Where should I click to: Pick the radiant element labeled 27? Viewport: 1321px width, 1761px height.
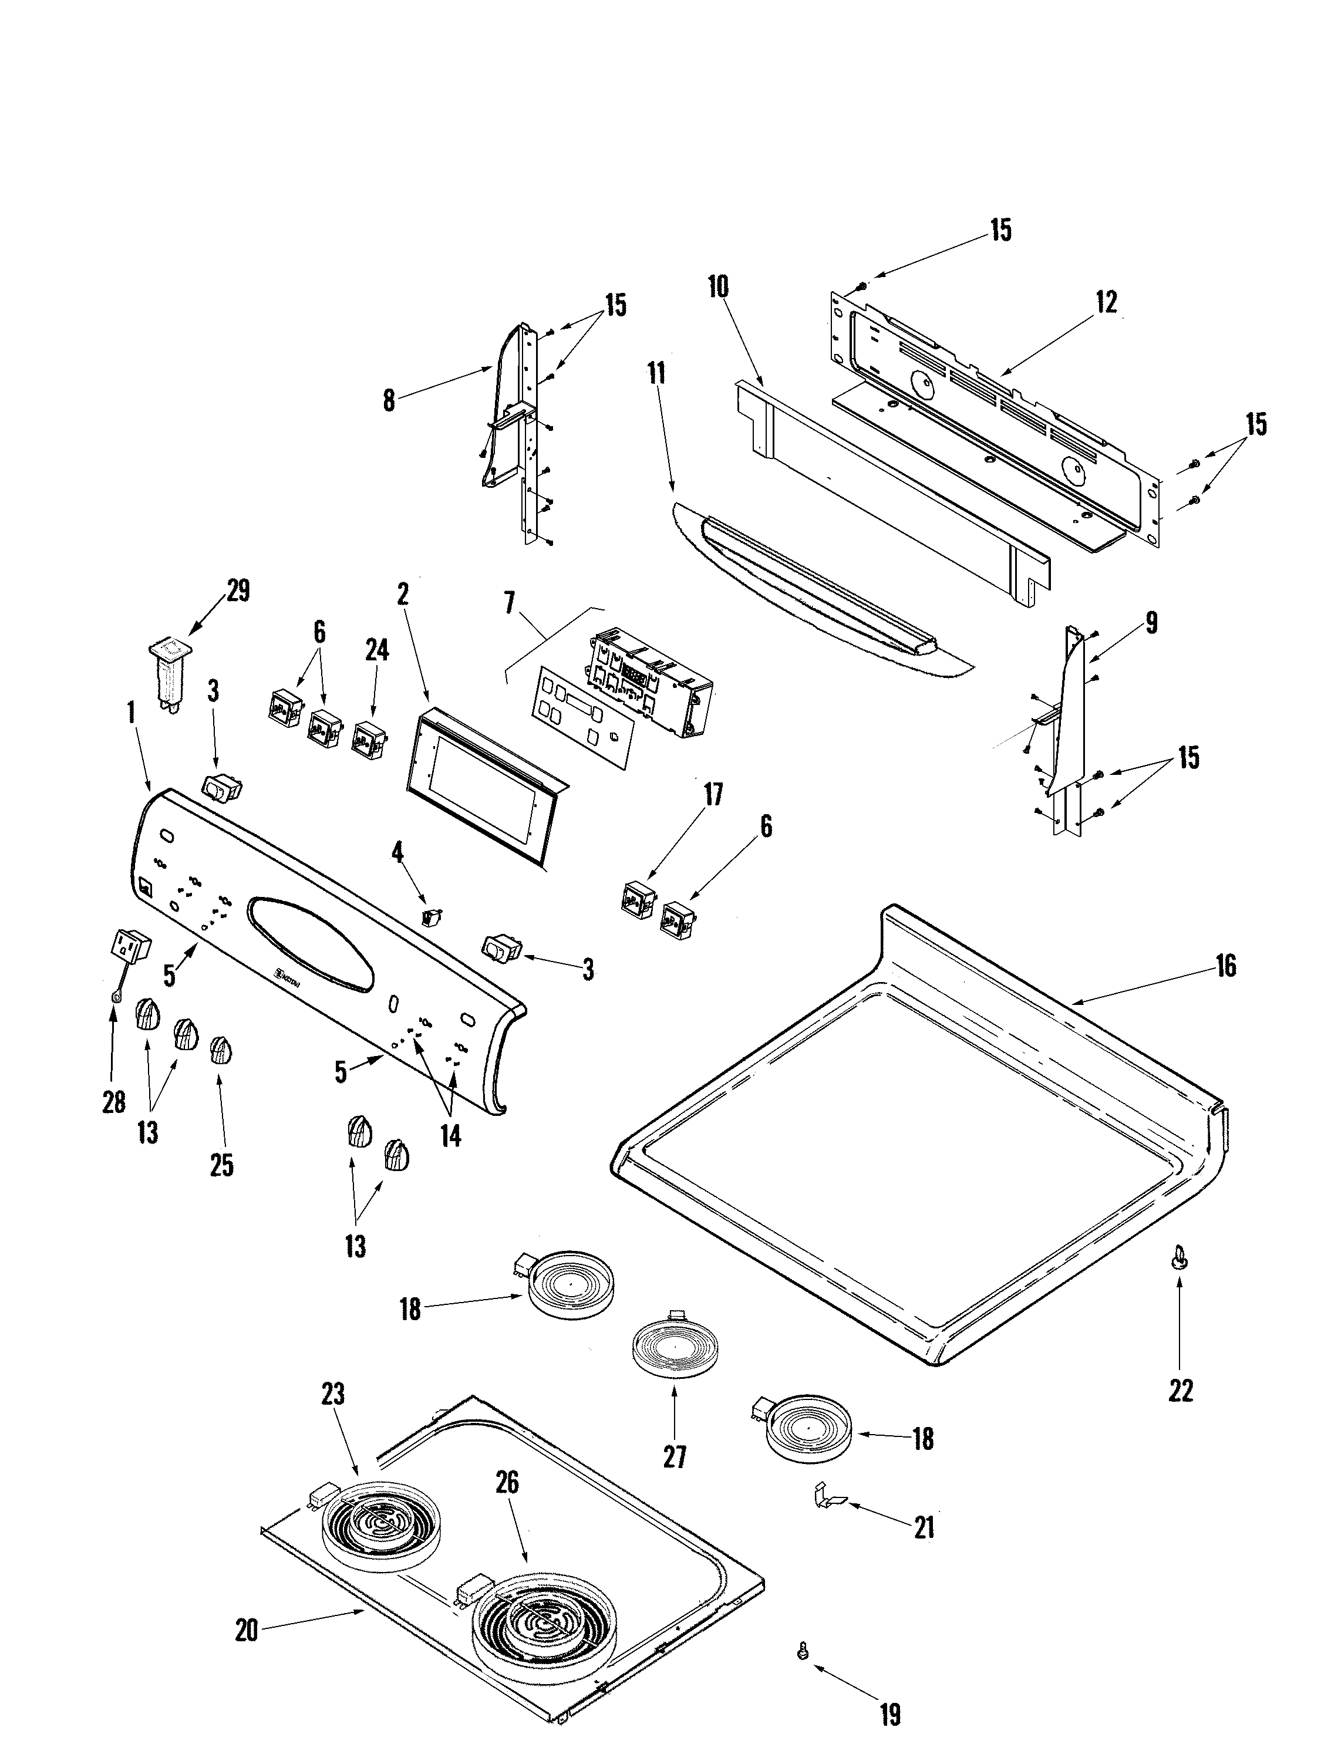tap(673, 1346)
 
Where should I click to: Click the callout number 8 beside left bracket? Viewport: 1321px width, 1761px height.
tap(387, 400)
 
